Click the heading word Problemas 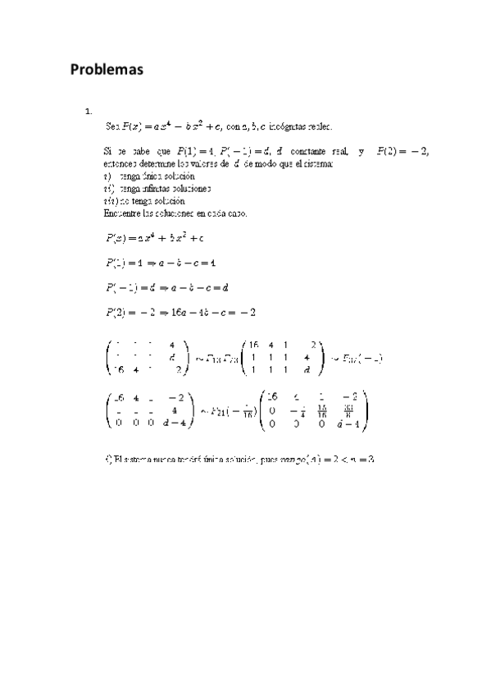pyautogui.click(x=107, y=70)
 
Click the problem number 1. pyautogui.click(x=87, y=112)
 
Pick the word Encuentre pyautogui.click(x=123, y=213)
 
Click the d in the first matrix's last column pyautogui.click(x=171, y=358)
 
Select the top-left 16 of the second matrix pyautogui.click(x=254, y=346)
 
